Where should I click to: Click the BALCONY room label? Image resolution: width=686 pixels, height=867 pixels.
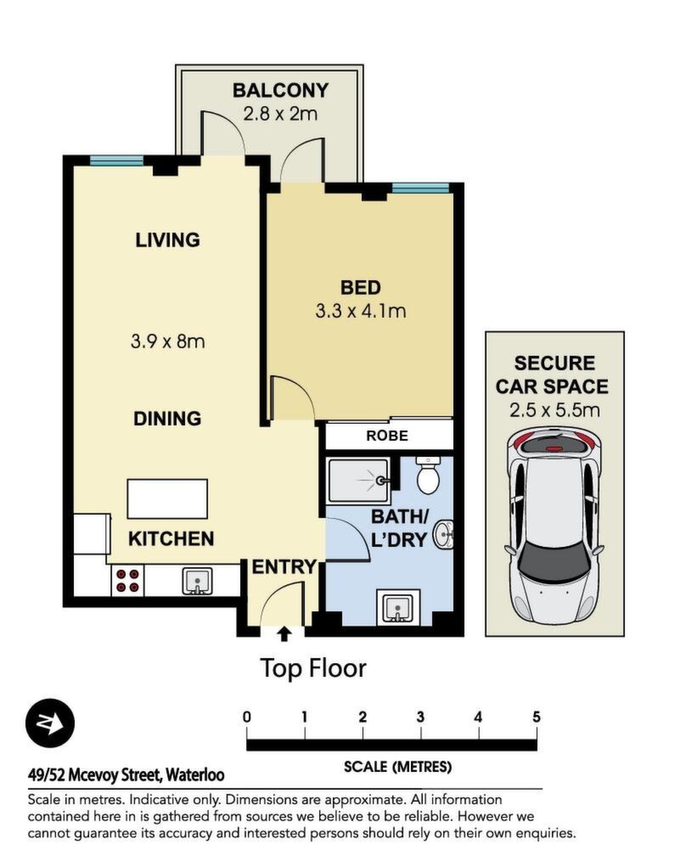coord(280,90)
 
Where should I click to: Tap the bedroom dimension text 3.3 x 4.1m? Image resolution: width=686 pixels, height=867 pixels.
coord(361,311)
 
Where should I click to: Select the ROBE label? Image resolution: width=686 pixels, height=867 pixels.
coord(387,436)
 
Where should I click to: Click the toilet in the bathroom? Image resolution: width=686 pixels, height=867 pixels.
coord(428,475)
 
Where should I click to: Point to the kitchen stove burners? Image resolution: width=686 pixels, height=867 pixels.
coord(127,581)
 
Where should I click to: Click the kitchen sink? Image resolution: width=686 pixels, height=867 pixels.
coord(197,581)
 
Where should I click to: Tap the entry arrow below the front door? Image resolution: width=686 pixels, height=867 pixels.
coord(284,633)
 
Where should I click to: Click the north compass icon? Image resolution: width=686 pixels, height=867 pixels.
coord(50,723)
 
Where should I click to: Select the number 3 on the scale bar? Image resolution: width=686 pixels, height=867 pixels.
coord(420,718)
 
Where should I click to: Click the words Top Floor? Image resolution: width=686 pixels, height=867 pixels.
coord(313,668)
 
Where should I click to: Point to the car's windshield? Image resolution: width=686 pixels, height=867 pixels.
coord(554,560)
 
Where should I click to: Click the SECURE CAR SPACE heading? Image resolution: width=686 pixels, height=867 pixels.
coord(552,374)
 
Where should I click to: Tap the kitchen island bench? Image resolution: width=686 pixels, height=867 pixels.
coord(167,498)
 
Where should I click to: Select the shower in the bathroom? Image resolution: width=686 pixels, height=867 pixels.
coord(360,481)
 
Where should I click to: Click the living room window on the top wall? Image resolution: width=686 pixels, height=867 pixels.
coord(116,160)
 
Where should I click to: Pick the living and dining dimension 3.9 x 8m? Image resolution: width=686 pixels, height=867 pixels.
coord(167,341)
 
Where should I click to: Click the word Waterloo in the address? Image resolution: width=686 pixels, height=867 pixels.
coord(195,774)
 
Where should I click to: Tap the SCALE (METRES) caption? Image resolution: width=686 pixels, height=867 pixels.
coord(397,767)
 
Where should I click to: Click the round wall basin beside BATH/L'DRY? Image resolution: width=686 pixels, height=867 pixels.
coord(443,535)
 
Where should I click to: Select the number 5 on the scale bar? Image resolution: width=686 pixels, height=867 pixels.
coord(537,718)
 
